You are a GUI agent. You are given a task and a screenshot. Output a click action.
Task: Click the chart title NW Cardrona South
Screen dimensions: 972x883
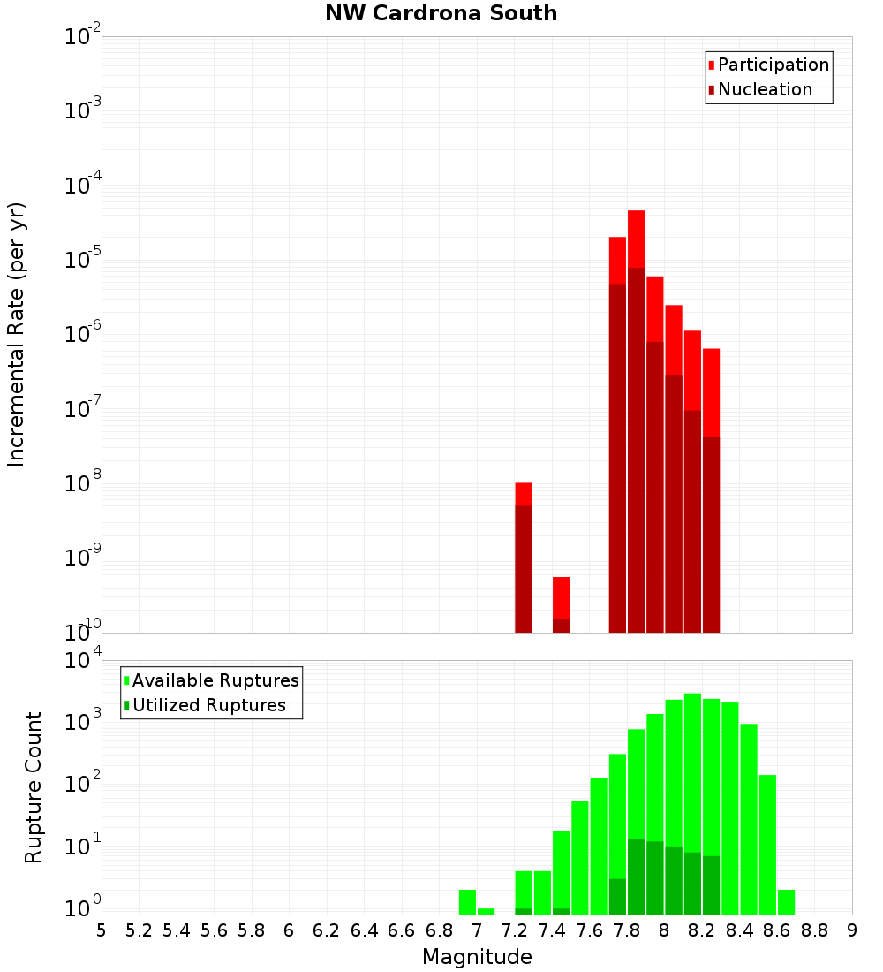[x=441, y=13]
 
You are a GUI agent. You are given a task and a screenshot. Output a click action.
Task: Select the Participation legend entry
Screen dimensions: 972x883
[x=773, y=65]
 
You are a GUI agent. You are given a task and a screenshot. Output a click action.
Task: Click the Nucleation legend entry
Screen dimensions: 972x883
[x=764, y=89]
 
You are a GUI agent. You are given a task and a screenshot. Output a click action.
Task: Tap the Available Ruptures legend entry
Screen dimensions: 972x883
[x=215, y=680]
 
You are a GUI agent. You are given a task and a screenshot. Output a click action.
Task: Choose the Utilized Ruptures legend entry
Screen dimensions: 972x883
[x=208, y=705]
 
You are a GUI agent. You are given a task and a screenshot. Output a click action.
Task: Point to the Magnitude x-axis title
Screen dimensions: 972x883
[x=477, y=957]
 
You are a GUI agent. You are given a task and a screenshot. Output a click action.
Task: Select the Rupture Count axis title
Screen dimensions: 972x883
[x=34, y=786]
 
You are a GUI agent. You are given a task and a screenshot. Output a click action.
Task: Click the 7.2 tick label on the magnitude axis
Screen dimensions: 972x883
[x=515, y=930]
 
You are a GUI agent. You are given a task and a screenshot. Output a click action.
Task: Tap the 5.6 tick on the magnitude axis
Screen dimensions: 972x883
[x=215, y=930]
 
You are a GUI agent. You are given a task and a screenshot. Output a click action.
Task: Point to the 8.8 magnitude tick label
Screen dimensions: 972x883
[x=815, y=930]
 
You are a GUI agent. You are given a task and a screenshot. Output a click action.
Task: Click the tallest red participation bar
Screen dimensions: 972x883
[x=636, y=239]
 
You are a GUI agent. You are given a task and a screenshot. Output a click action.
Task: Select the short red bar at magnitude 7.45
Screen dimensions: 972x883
[x=561, y=596]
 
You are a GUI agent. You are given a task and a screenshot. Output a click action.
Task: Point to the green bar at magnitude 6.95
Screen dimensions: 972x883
[x=467, y=901]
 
